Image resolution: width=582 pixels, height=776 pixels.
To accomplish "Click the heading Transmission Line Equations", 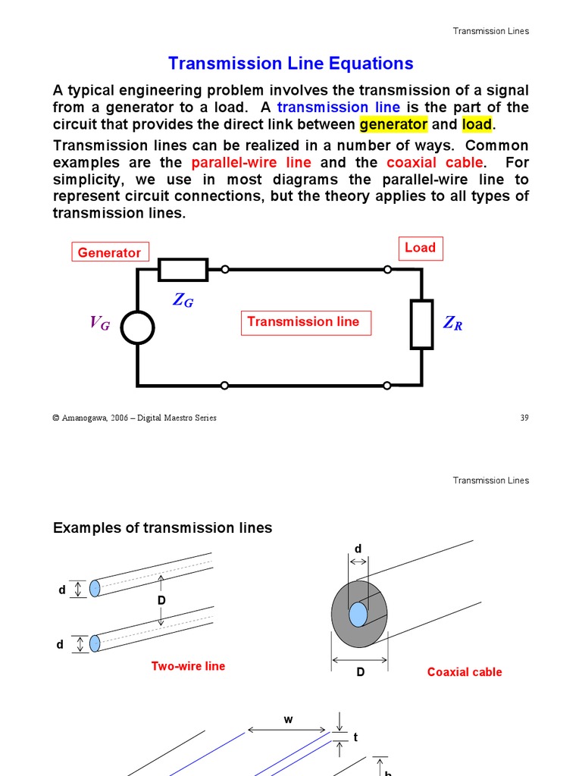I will point(290,64).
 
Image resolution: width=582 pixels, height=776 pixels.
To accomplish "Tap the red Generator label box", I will point(110,252).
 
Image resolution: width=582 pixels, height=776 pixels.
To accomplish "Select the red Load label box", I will point(420,248).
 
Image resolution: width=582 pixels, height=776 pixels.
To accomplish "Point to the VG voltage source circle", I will point(137,327).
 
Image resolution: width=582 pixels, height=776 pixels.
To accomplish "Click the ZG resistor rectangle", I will point(183,269).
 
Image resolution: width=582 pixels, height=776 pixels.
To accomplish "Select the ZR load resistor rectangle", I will point(421,324).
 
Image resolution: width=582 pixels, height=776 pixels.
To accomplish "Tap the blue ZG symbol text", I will point(183,300).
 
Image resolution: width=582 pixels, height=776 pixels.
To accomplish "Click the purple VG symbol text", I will point(100,324).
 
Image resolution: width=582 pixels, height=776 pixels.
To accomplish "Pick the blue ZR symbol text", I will point(452,324).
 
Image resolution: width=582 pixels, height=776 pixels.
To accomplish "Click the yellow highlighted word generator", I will point(393,124).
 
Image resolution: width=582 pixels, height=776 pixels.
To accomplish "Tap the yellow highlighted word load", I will point(477,124).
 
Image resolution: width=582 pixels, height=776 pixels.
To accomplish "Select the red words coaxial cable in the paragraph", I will point(434,163).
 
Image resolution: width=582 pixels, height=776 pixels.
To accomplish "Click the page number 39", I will point(524,418).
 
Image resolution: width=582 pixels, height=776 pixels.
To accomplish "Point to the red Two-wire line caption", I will point(188,666).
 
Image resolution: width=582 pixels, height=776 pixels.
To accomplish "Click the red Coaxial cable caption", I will point(464,672).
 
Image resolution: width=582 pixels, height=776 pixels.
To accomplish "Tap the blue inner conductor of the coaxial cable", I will point(358,614).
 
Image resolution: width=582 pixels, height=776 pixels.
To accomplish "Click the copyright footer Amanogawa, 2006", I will point(134,418).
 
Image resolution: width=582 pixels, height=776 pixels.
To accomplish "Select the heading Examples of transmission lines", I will point(162,527).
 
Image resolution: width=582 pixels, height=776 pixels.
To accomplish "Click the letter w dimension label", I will point(288,720).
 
